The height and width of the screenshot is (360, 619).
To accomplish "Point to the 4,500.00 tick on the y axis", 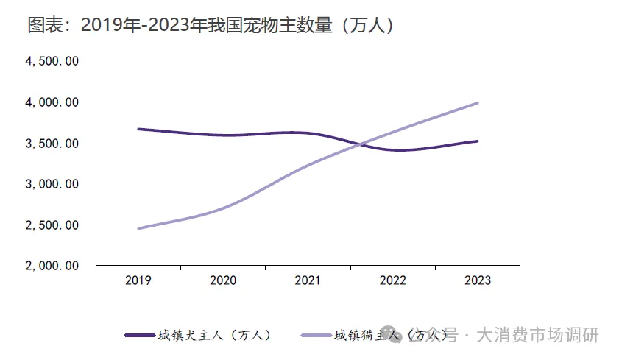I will tap(52, 61).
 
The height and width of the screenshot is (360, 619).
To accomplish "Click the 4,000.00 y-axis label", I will tap(52, 102).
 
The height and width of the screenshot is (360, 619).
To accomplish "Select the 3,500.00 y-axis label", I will tap(52, 144).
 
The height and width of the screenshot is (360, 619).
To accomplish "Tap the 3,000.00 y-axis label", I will tap(52, 184).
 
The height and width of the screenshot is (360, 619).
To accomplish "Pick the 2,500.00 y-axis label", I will tap(52, 225).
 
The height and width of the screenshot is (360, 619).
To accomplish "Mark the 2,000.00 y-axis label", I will tap(52, 266).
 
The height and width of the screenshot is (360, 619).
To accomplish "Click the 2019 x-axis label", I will tap(138, 280).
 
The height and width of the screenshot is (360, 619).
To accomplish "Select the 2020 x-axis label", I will tap(223, 280).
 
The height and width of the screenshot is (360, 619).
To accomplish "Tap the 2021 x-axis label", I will tap(308, 280).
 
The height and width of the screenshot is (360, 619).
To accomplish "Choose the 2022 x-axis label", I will tap(393, 280).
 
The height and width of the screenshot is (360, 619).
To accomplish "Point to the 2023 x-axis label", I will tap(478, 280).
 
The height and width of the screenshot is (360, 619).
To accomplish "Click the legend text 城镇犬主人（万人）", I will tap(214, 336).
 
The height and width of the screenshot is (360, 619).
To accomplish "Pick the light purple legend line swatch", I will tap(316, 336).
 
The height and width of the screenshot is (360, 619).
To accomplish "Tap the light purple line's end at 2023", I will tap(478, 103).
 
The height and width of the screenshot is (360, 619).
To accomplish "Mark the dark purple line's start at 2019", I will tap(138, 129).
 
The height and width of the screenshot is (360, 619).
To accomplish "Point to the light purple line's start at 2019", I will tap(138, 228).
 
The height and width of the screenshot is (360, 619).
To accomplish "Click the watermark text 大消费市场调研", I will tap(537, 336).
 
